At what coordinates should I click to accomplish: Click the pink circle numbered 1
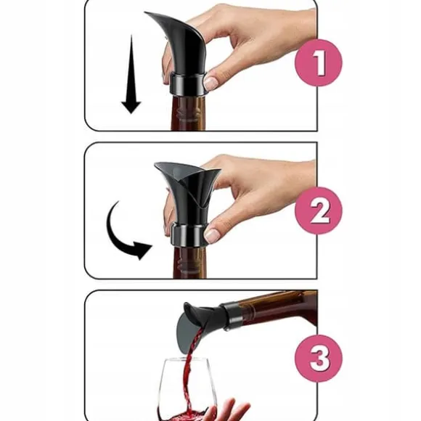point(319,62)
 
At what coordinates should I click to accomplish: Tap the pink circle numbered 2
point(319,210)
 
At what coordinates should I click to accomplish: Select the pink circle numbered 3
point(319,359)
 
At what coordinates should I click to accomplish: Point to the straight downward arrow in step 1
point(131,74)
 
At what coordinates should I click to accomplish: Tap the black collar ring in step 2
point(188,234)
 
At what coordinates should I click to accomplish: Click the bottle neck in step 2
point(189,263)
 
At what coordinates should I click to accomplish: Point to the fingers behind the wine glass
point(228,409)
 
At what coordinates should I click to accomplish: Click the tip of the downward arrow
point(131,113)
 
